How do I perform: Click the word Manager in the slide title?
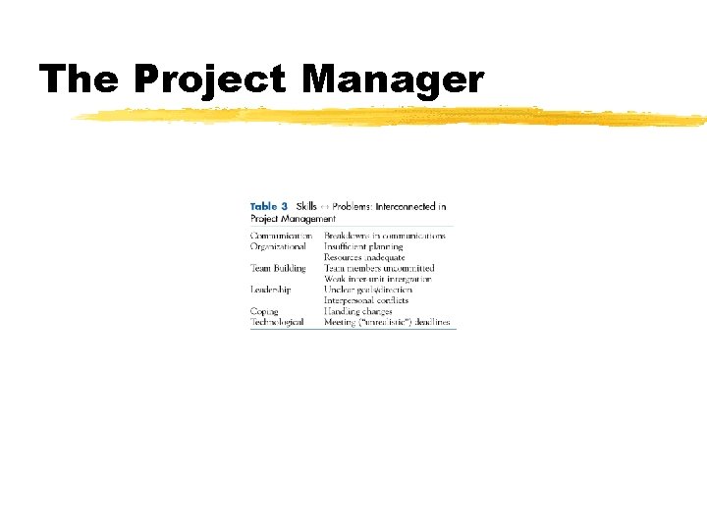(393, 79)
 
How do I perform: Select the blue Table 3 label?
(269, 207)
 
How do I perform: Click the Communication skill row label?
(281, 236)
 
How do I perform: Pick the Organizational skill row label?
(278, 246)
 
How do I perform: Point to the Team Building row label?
(278, 268)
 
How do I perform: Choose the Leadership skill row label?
(271, 290)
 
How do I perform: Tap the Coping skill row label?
(265, 311)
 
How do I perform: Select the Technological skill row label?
(277, 322)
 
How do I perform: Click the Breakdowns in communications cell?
(385, 236)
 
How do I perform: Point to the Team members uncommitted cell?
(379, 268)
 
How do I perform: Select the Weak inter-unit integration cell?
(378, 279)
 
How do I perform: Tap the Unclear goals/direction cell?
(368, 290)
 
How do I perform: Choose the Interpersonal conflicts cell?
(366, 300)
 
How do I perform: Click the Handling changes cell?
(358, 311)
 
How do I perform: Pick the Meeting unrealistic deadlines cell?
(389, 322)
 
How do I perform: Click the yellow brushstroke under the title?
(393, 117)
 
